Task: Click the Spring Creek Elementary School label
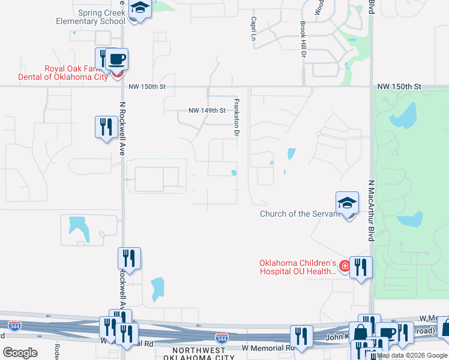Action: [100, 16]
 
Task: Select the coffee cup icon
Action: [118, 59]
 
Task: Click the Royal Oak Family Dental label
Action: [76, 73]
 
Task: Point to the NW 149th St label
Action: [206, 110]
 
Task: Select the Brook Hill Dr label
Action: [303, 40]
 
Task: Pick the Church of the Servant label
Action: [293, 214]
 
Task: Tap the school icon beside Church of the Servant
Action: [347, 203]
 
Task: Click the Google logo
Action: [20, 353]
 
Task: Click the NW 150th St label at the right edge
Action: [400, 87]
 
